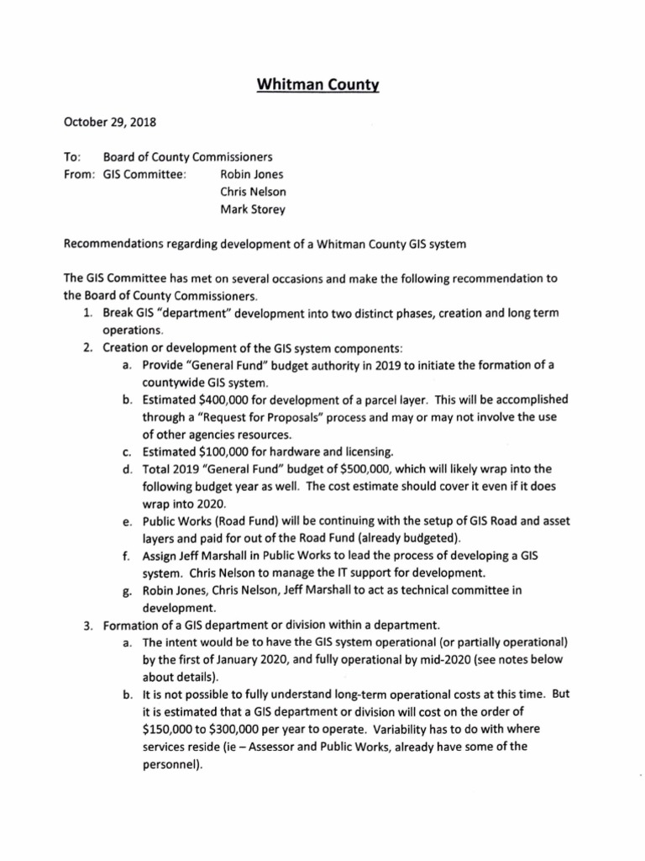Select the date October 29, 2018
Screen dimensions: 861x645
[x=110, y=122]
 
